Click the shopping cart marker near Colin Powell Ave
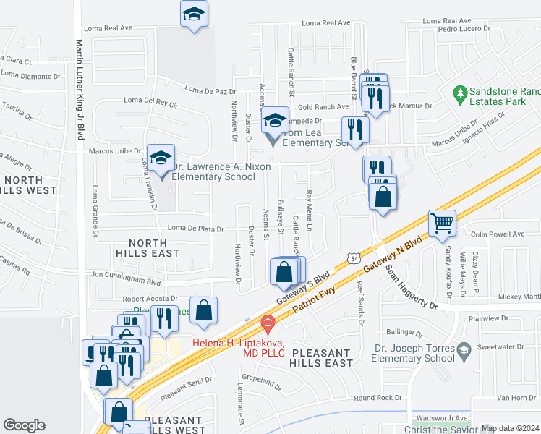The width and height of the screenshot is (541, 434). pos(442,222)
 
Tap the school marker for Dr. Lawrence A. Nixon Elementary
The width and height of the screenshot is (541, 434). pos(161,158)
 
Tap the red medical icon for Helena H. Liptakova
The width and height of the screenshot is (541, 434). pos(267,323)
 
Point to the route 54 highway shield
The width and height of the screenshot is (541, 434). pos(352,258)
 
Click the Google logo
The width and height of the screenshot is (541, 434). pos(24,425)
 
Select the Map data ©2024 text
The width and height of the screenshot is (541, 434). pos(511,428)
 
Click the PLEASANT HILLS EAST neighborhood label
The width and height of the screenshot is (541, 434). pos(331,358)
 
